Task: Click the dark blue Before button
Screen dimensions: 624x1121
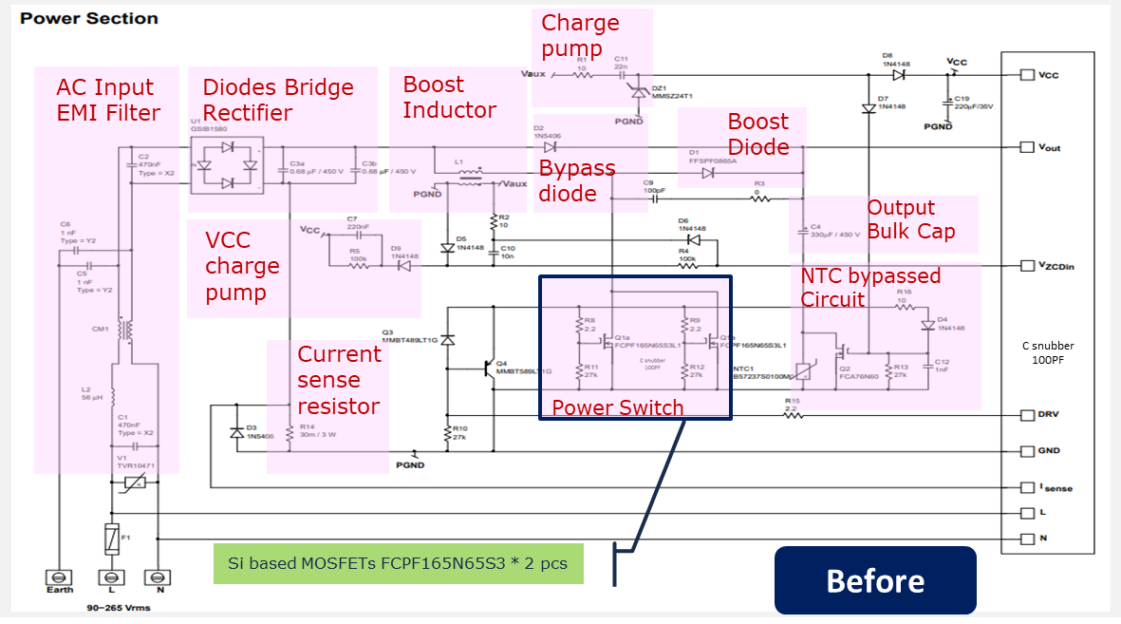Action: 875,579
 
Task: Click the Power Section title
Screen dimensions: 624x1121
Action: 89,18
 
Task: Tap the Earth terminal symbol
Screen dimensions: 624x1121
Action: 59,577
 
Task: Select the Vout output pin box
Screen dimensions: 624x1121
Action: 1027,147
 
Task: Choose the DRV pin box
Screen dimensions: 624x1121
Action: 1027,415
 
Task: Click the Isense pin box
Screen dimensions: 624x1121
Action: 1027,487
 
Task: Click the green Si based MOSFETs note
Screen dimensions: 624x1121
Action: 398,563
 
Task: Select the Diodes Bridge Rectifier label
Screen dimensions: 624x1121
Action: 278,100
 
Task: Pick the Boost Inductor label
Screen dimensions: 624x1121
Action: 449,97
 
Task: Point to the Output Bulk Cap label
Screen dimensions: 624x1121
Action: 910,219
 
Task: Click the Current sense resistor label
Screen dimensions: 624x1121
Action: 339,380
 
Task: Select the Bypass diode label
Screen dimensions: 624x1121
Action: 577,180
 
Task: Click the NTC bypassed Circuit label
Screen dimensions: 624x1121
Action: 870,287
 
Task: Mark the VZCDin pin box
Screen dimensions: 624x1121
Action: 1027,266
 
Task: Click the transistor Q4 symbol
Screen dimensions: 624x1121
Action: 489,365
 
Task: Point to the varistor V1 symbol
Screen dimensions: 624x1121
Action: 134,484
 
